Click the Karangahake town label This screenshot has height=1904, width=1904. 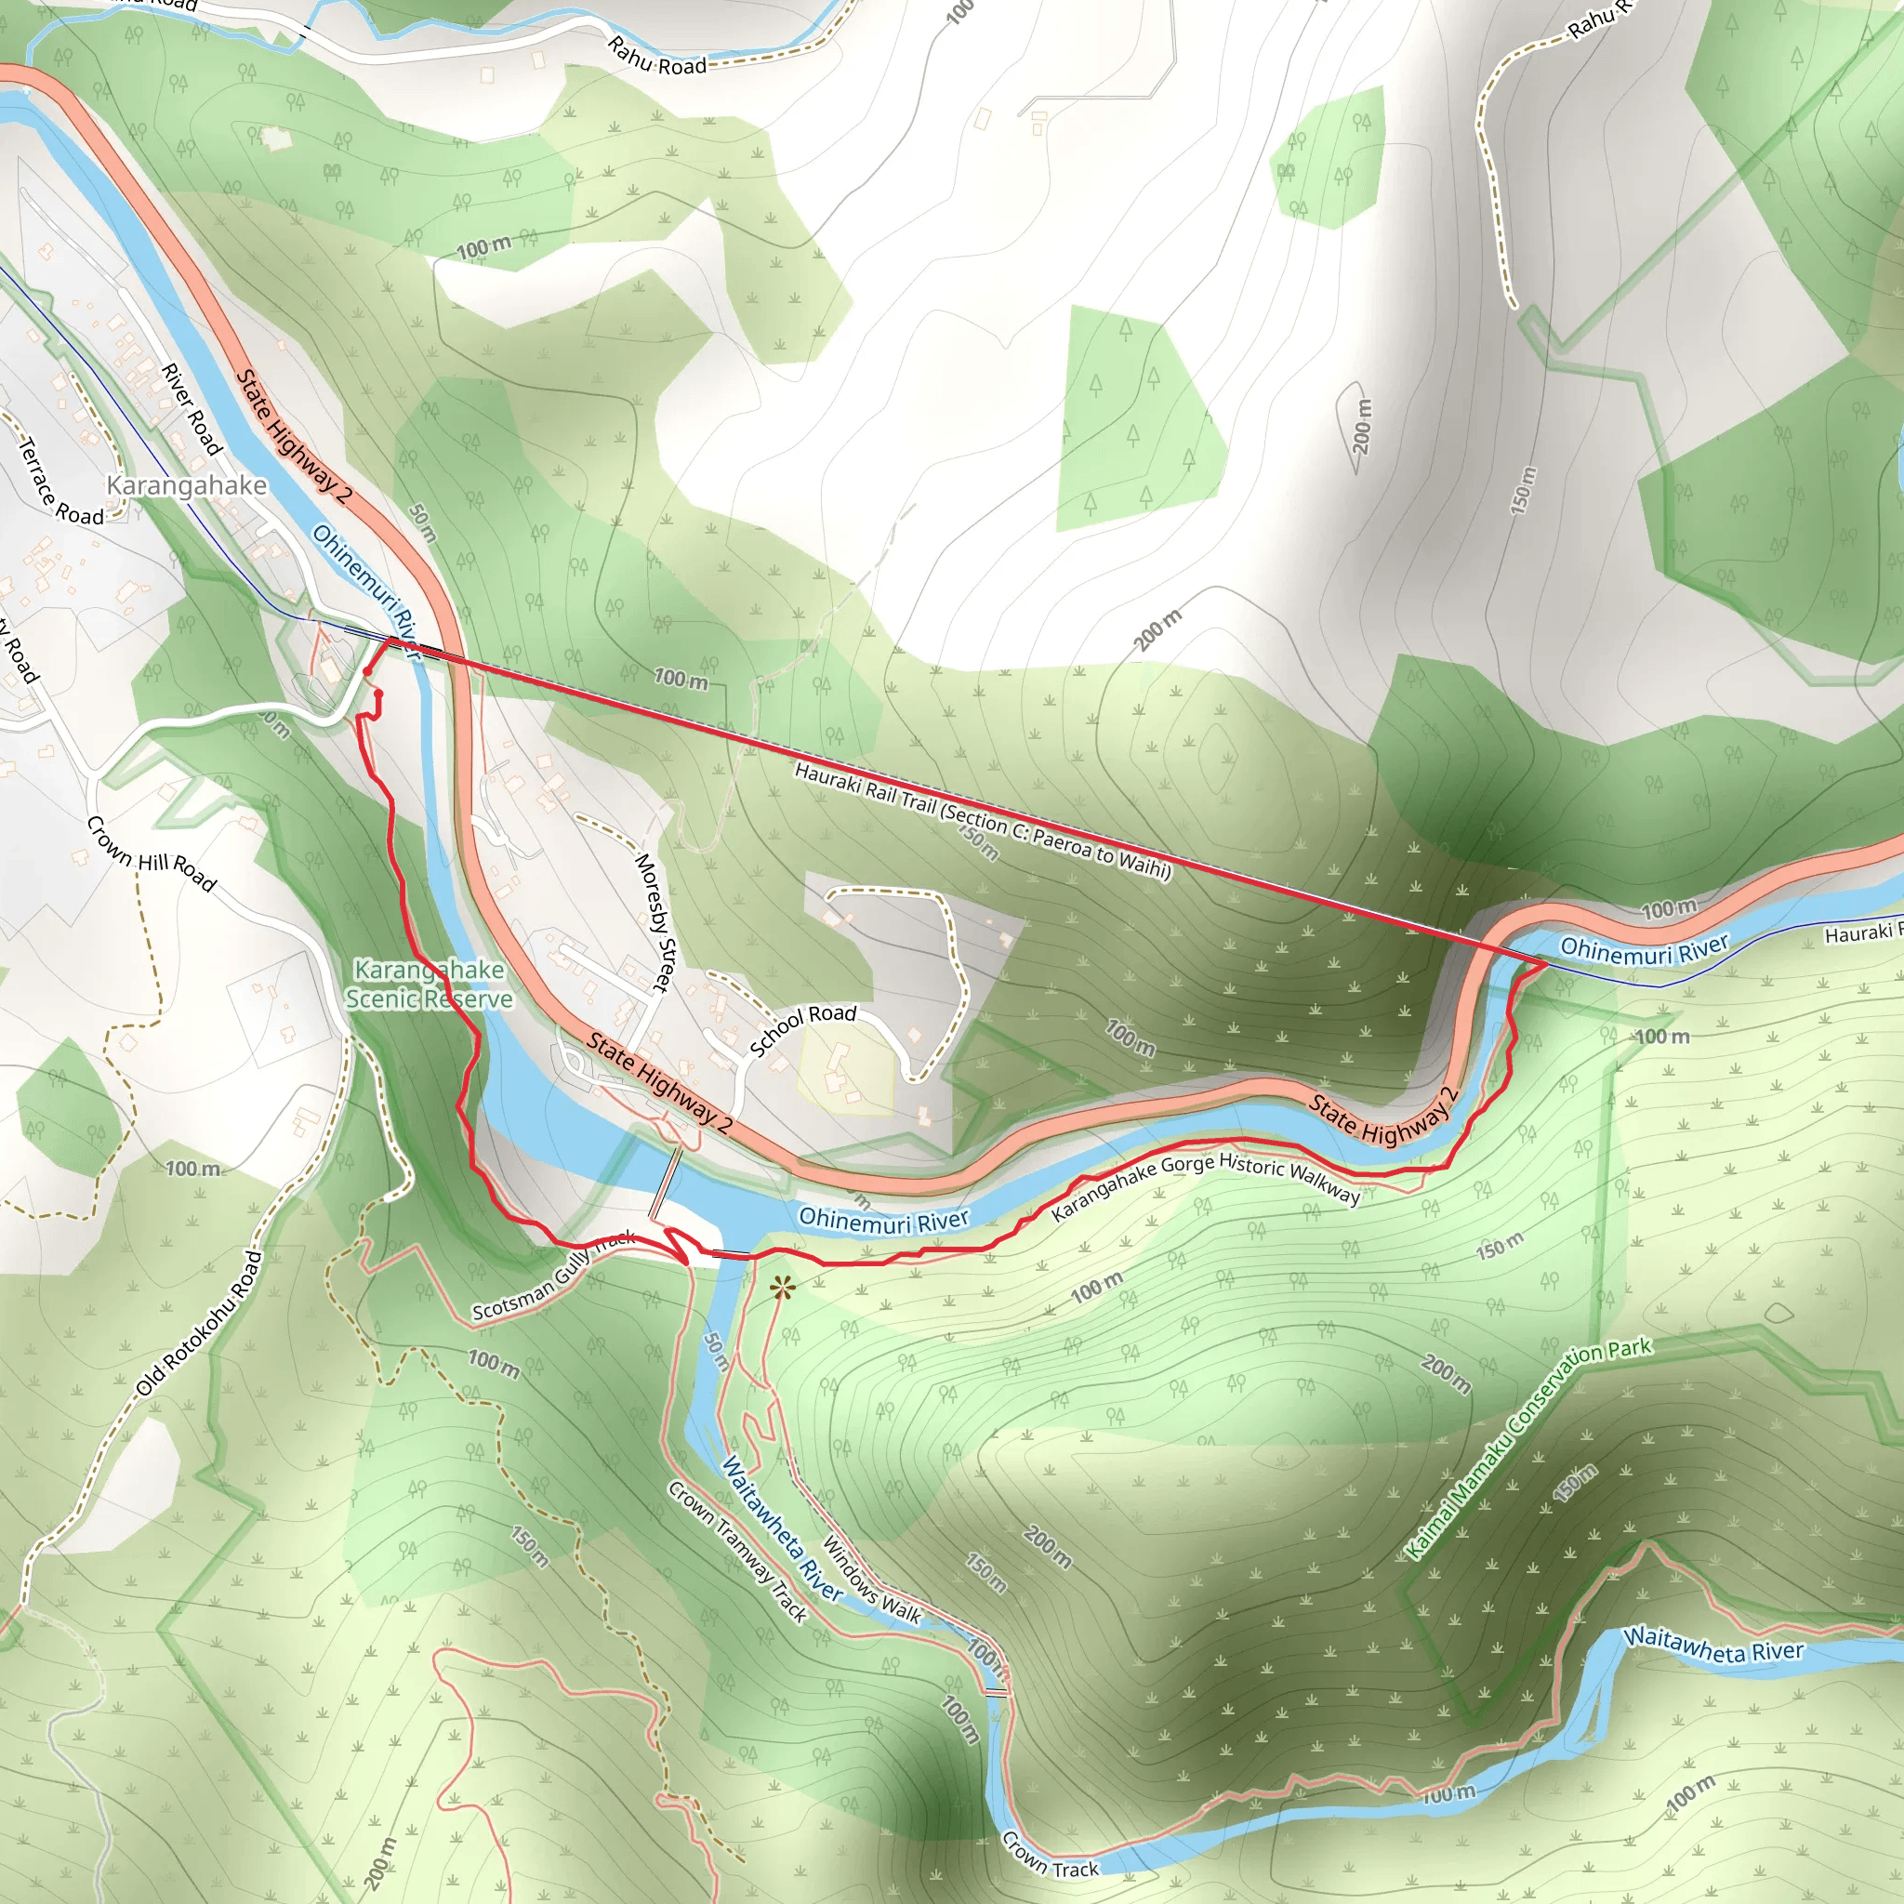tap(186, 485)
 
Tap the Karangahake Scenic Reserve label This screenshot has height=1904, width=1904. tap(430, 985)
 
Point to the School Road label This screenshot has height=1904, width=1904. tap(803, 1030)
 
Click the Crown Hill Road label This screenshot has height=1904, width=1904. tap(151, 853)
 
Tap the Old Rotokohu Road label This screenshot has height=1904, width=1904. tap(200, 1323)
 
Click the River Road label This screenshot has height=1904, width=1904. tap(192, 409)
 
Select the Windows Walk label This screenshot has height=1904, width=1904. tap(871, 1580)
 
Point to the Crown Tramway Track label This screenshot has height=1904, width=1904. tap(738, 1550)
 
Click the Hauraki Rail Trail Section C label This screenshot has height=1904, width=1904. tap(983, 820)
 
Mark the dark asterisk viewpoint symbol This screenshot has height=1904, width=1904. tap(783, 1287)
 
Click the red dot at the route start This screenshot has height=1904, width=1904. tap(367, 672)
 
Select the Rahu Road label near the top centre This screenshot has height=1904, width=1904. tap(657, 55)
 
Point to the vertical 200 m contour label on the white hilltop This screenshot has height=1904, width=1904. tap(1362, 426)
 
